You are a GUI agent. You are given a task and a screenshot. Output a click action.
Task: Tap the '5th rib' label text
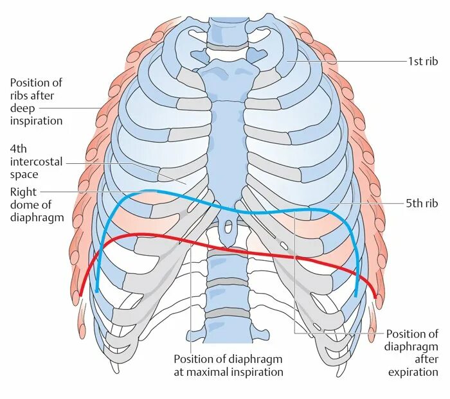pos(422,204)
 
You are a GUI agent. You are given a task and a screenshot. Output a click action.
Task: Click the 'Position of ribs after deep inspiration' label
pos(36,102)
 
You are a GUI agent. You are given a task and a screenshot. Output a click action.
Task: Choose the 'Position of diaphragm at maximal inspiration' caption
pos(228,365)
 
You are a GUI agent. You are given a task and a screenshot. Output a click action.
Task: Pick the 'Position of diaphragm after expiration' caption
pos(411,353)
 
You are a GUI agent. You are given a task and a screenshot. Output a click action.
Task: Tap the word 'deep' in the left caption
pos(23,108)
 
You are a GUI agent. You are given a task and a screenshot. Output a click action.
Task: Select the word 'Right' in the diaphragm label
pos(23,192)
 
